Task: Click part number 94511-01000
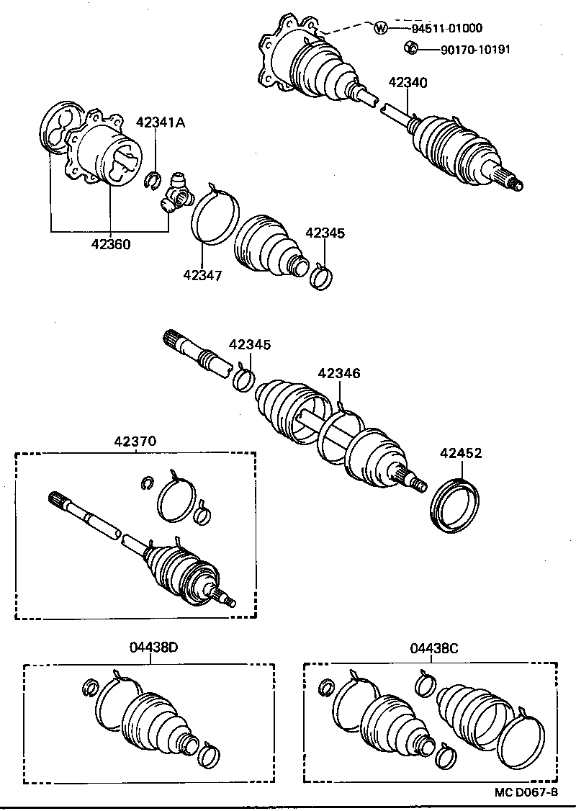[x=446, y=29]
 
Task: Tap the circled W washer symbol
[x=381, y=29]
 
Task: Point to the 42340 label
[x=408, y=83]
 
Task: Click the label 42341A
[x=161, y=123]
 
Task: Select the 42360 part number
[x=111, y=243]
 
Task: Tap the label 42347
[x=202, y=274]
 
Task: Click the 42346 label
[x=339, y=373]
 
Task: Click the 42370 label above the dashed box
[x=135, y=441]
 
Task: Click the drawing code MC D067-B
[x=526, y=792]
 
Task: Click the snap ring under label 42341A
[x=151, y=182]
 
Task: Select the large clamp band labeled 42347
[x=215, y=215]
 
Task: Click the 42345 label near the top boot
[x=325, y=233]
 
